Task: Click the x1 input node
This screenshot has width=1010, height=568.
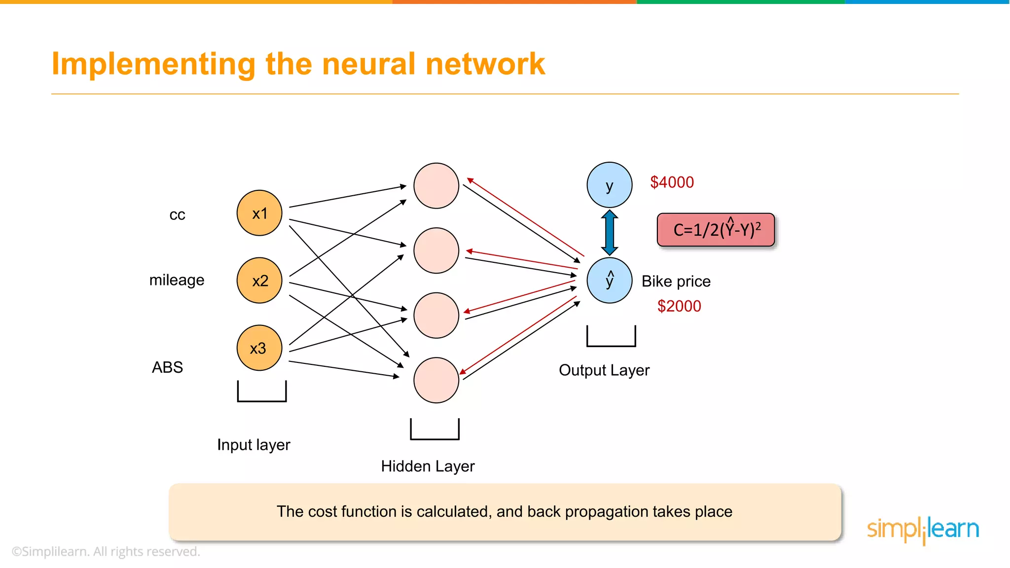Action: [259, 213]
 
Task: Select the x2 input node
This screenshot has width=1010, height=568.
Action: [259, 280]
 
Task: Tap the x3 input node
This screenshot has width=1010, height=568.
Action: [259, 348]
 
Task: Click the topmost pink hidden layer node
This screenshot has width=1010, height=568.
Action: [436, 186]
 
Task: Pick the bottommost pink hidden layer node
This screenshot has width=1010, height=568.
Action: [436, 380]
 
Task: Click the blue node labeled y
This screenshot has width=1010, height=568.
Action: [610, 185]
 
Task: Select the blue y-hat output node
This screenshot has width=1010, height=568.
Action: [610, 280]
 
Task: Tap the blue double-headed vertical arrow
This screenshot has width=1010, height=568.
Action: [610, 232]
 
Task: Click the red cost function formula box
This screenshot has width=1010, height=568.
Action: [716, 230]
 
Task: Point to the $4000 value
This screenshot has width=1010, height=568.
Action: [672, 182]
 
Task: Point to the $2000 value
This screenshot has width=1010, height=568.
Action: [679, 306]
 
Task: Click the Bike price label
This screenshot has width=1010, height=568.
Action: [676, 282]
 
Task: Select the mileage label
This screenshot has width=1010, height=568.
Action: [177, 280]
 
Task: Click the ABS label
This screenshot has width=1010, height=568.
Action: [167, 367]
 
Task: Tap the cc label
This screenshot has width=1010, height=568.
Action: [177, 215]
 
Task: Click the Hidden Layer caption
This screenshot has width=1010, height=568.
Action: [428, 466]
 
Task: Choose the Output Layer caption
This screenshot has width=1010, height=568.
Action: [604, 370]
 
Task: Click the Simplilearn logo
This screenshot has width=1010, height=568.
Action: [923, 530]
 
